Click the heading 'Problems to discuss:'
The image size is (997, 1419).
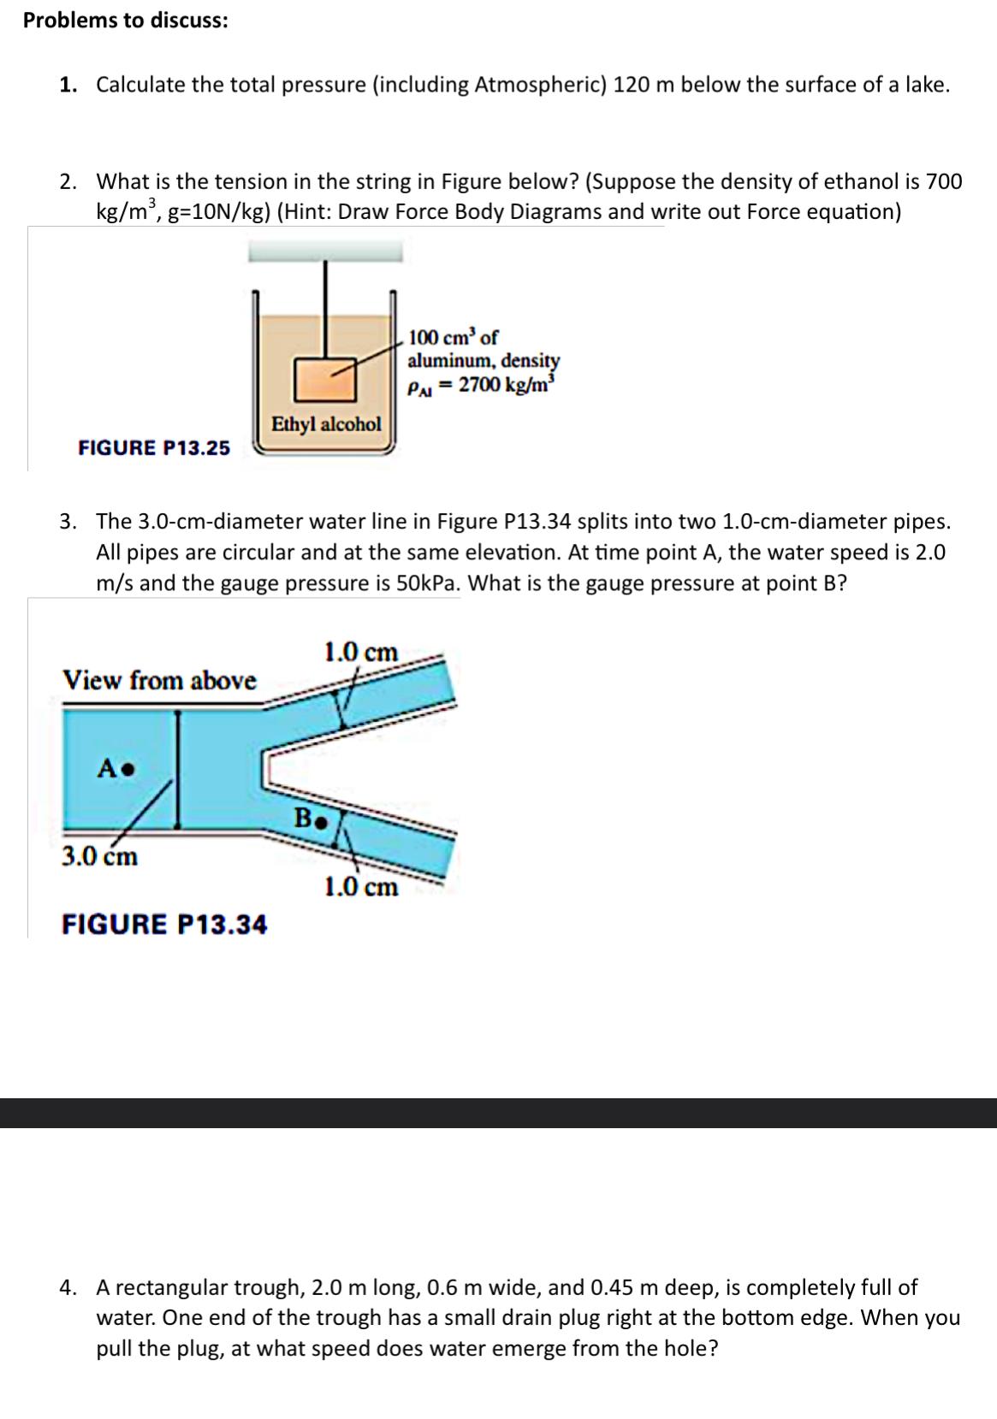[x=126, y=21]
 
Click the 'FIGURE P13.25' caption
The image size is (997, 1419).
[x=154, y=447]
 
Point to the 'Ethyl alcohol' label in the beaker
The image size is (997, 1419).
[x=326, y=423]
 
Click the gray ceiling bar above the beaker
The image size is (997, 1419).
[x=325, y=251]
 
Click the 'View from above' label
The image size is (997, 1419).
[x=159, y=681]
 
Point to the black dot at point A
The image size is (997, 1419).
[x=127, y=769]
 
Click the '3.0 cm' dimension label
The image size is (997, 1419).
[x=100, y=856]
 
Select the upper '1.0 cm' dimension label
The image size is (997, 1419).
[x=360, y=653]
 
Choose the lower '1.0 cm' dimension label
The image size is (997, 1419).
[x=361, y=887]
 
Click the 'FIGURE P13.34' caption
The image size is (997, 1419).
[x=164, y=925]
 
